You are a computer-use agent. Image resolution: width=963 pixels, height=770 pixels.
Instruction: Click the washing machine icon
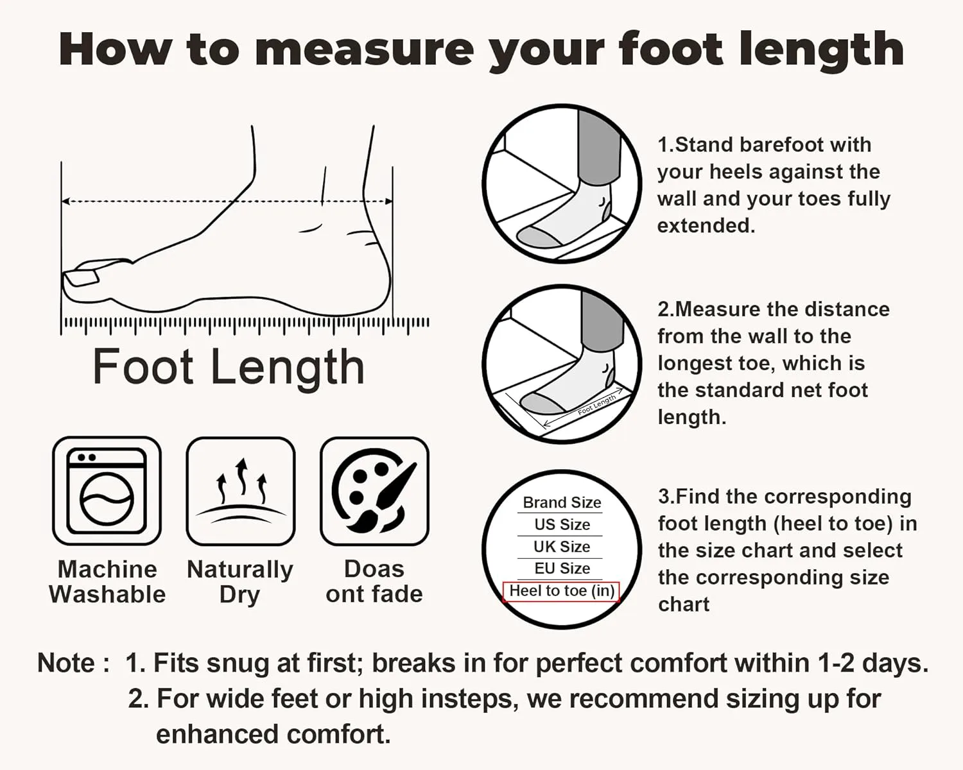pyautogui.click(x=107, y=491)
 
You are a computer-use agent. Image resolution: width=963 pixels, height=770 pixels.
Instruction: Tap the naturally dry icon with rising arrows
pyautogui.click(x=241, y=491)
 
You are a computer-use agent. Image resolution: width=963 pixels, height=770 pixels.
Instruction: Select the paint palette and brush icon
pyautogui.click(x=374, y=491)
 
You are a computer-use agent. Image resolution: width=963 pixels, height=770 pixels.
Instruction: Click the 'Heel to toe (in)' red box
pyautogui.click(x=562, y=592)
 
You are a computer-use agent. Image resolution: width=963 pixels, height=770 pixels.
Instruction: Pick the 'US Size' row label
pyautogui.click(x=562, y=524)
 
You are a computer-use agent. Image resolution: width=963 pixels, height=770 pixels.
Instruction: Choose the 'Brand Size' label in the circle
pyautogui.click(x=562, y=502)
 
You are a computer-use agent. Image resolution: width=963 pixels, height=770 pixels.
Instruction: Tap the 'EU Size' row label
pyautogui.click(x=562, y=569)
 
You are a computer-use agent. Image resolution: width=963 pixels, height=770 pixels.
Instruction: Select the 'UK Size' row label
pyautogui.click(x=562, y=546)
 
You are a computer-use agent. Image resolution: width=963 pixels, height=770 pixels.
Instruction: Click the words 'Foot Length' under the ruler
pyautogui.click(x=229, y=367)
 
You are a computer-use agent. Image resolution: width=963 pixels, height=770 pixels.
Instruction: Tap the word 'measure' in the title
pyautogui.click(x=364, y=50)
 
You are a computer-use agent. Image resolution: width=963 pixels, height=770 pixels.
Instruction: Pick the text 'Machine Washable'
pyautogui.click(x=107, y=581)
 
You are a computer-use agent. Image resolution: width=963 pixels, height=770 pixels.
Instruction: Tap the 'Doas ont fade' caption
pyautogui.click(x=374, y=581)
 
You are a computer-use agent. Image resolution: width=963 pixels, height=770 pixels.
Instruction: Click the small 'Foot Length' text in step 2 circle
pyautogui.click(x=597, y=404)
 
